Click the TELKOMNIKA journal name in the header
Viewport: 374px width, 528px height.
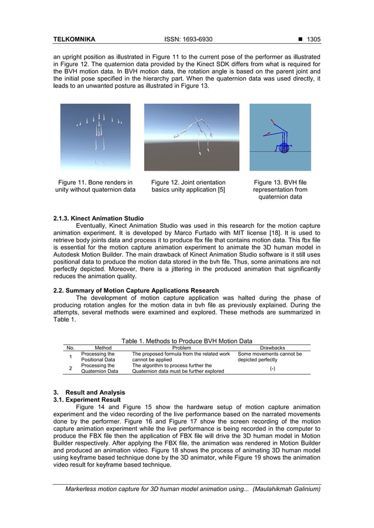tap(74, 40)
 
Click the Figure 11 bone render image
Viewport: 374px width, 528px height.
tap(96, 137)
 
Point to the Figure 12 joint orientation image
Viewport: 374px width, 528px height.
tap(192, 137)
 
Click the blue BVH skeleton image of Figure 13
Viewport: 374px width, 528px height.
tap(280, 137)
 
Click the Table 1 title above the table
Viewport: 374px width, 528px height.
tap(186, 341)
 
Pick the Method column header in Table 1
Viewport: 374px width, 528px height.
tap(103, 347)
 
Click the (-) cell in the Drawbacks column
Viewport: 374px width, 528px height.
tap(273, 368)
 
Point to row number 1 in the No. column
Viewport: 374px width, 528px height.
tap(70, 357)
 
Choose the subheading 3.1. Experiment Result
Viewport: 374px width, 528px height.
tap(87, 400)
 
